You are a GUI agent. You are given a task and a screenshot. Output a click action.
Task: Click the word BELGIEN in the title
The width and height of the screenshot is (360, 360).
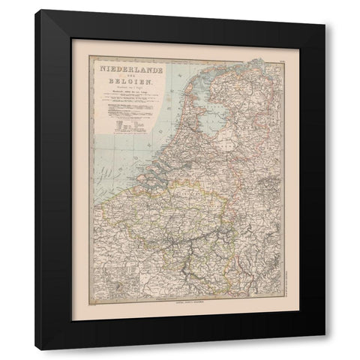tap(119, 83)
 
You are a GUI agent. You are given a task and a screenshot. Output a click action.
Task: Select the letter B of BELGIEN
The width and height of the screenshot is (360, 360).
tap(104, 83)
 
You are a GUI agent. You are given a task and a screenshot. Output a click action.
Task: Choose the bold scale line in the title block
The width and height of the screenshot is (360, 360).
tap(119, 94)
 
